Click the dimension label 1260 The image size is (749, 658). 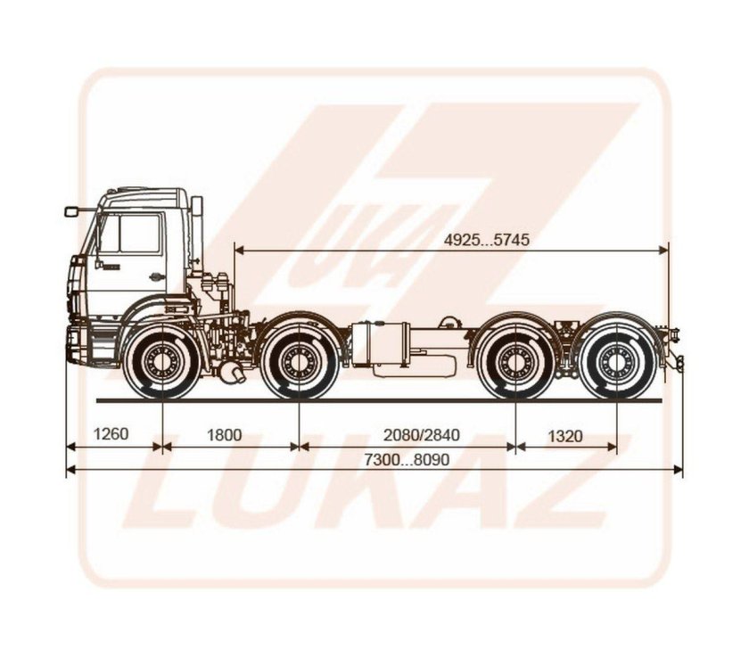point(111,434)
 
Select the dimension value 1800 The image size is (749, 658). point(224,435)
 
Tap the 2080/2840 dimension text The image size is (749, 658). point(422,435)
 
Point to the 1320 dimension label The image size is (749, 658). point(565,436)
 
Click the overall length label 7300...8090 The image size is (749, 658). point(407,459)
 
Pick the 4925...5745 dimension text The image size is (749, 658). point(487,239)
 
